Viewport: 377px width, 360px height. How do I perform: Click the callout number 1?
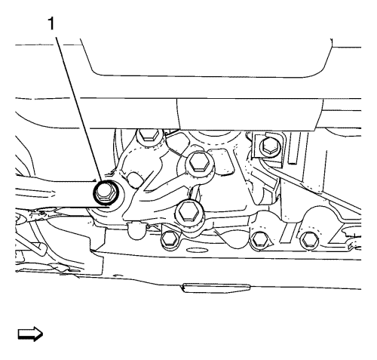(51, 24)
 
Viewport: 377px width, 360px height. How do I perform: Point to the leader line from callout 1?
(78, 109)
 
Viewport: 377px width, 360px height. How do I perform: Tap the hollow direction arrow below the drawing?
(30, 334)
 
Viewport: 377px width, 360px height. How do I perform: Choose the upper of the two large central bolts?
(198, 163)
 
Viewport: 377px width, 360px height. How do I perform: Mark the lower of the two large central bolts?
(189, 212)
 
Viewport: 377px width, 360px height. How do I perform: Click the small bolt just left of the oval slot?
(169, 238)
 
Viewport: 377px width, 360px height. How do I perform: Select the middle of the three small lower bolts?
(259, 239)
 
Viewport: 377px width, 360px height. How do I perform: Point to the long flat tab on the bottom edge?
(216, 288)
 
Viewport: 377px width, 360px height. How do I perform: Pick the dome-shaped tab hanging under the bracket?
(135, 230)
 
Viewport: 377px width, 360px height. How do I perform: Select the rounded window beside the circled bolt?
(134, 180)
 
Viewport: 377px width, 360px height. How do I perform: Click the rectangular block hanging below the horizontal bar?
(250, 115)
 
